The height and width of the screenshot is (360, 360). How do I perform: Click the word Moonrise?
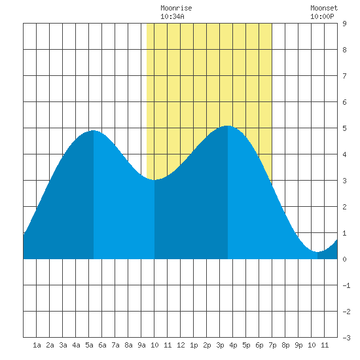tap(176, 8)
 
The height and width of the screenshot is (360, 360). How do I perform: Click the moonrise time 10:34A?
tap(172, 16)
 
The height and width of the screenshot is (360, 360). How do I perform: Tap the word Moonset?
tap(324, 8)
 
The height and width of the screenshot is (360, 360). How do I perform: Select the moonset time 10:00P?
tap(322, 16)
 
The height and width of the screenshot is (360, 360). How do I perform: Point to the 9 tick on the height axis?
tap(344, 24)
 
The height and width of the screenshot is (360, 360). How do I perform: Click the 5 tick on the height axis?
tap(344, 128)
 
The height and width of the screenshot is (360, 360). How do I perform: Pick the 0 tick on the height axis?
tap(344, 259)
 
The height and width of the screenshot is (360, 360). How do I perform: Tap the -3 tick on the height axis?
tap(346, 338)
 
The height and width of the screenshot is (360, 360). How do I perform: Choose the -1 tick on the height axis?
tap(346, 285)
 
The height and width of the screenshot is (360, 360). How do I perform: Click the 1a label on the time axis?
tap(37, 345)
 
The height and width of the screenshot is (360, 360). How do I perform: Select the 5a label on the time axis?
tap(89, 345)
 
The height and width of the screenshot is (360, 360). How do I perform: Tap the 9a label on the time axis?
tap(141, 345)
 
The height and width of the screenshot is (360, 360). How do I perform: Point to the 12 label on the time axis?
tap(181, 345)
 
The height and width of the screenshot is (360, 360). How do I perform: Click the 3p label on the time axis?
tap(220, 345)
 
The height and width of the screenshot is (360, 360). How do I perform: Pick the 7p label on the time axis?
tap(272, 345)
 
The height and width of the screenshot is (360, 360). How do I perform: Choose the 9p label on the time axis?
tap(298, 345)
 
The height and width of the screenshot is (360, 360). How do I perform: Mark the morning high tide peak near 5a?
tap(94, 130)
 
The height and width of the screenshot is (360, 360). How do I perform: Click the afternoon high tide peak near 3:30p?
tap(228, 126)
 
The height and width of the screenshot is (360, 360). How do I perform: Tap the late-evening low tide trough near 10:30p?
tap(317, 252)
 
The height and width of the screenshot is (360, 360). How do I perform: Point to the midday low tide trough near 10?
tap(154, 180)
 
